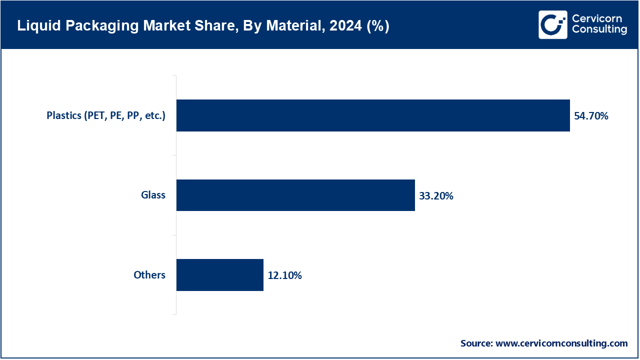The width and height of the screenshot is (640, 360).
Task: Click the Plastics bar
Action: pos(373,115)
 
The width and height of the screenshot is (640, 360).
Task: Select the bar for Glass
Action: pos(295,195)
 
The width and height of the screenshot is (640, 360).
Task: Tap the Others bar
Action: pos(219,275)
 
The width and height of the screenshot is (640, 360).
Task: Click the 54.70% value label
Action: pos(591,116)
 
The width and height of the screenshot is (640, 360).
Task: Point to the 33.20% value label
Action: pos(436,196)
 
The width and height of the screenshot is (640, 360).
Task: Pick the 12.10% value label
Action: pos(284,275)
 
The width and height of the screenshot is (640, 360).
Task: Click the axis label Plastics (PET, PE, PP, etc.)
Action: pos(106,115)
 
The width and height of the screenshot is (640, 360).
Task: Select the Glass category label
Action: pos(153,195)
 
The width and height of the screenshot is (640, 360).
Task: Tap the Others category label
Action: pos(149,275)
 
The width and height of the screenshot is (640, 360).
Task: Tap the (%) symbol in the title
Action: pos(377,26)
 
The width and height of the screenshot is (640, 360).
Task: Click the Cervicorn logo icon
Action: pos(552,24)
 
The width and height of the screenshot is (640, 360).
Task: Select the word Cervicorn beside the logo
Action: pos(598,19)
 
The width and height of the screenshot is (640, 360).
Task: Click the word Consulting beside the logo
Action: pos(599,30)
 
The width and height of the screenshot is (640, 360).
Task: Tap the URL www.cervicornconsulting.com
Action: pos(561,343)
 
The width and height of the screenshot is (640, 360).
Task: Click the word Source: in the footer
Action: pos(476,343)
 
